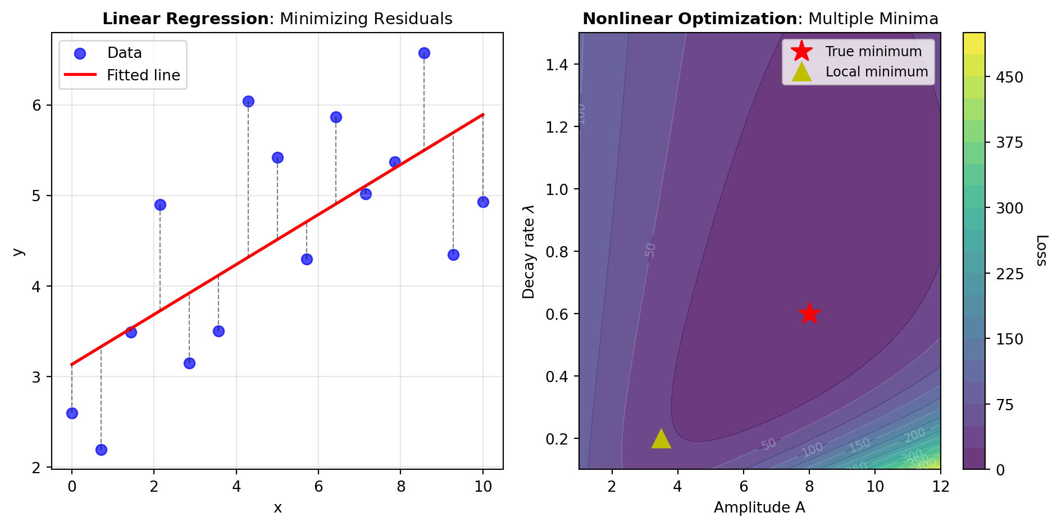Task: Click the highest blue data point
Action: (424, 53)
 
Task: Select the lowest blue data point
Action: (101, 450)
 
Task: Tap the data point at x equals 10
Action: (483, 202)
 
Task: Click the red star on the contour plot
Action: (809, 313)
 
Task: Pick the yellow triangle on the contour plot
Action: (661, 439)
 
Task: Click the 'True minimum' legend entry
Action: (873, 52)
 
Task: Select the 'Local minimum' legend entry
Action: (876, 72)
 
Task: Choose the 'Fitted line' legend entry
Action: (143, 75)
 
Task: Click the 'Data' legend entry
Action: (124, 53)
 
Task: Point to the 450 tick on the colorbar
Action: (1009, 77)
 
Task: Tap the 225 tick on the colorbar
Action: (1009, 274)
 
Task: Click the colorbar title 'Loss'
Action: (1041, 250)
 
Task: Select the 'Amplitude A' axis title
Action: (759, 507)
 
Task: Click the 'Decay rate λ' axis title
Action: (528, 251)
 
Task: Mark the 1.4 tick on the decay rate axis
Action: (558, 65)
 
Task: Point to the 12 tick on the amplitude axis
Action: (941, 487)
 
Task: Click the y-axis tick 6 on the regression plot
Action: (37, 106)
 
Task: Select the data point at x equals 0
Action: (72, 413)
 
